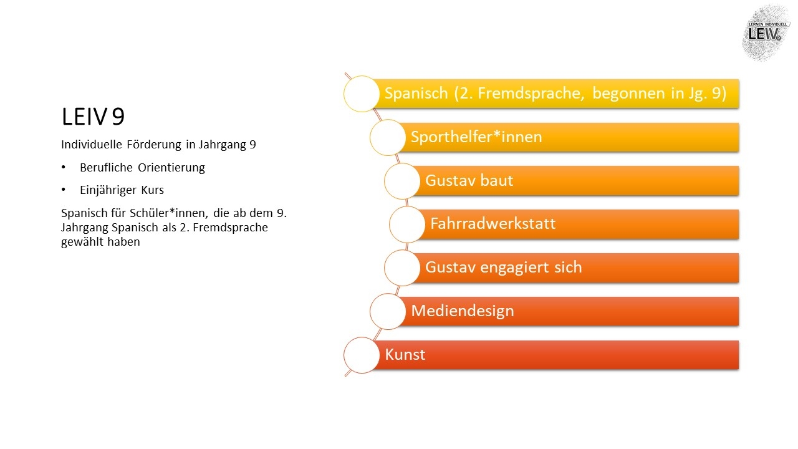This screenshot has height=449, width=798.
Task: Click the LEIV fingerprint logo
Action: [x=766, y=33]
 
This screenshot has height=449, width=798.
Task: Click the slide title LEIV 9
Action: [x=93, y=117]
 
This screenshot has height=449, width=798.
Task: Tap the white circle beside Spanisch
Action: [x=361, y=94]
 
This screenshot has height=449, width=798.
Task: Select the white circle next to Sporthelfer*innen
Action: [x=388, y=138]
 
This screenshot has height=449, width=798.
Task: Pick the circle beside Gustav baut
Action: [x=402, y=181]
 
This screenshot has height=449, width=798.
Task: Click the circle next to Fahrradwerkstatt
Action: [x=407, y=224]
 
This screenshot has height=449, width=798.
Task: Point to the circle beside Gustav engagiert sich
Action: [x=402, y=268]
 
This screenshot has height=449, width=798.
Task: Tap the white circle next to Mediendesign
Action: [x=388, y=311]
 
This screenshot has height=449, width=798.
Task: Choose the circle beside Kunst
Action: [x=361, y=355]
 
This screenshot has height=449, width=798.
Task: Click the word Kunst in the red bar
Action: [x=405, y=355]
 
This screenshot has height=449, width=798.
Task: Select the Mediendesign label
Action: [x=463, y=311]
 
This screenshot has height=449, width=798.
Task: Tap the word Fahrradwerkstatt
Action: [x=493, y=224]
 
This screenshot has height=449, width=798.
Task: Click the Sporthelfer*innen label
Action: [x=476, y=137]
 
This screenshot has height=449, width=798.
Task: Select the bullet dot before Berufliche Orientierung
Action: [x=64, y=167]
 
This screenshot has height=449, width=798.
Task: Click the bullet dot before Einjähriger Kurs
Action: [x=64, y=190]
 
